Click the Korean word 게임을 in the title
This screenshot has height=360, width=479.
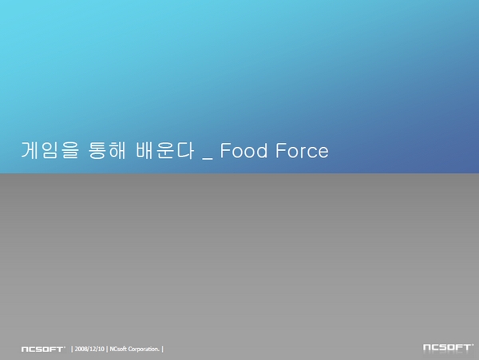tap(50, 150)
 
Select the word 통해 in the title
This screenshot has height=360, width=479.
tap(107, 150)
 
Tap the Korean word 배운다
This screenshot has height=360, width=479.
tap(165, 150)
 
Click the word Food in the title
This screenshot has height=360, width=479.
tap(243, 150)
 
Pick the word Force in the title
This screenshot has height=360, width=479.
tap(302, 151)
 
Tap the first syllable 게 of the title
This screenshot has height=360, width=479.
tap(30, 150)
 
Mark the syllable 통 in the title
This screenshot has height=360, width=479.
tap(97, 150)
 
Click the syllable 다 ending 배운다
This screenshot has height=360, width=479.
tap(185, 150)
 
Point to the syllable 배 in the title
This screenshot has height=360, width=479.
tap(144, 150)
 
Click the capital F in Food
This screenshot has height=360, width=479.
tap(226, 150)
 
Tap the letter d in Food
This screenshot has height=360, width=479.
tap(262, 150)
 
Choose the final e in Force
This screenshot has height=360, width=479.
tap(323, 152)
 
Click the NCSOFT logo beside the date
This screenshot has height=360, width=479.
tap(43, 349)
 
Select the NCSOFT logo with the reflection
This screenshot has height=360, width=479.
tap(448, 347)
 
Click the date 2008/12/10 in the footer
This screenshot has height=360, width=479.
tap(89, 349)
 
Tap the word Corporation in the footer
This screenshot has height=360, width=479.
tap(144, 349)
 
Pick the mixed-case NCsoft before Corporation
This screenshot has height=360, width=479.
tap(118, 349)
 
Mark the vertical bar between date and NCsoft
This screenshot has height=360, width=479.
tap(107, 349)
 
